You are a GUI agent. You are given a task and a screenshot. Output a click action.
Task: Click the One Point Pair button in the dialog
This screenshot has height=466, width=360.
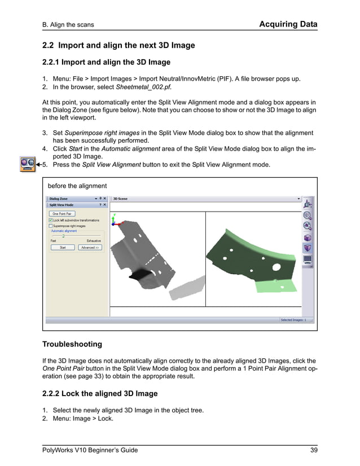(x=61, y=214)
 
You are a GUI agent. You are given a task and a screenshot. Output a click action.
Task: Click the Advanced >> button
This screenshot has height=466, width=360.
(x=90, y=247)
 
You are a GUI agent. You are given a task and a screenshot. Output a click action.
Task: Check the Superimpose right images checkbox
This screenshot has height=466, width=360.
(x=50, y=226)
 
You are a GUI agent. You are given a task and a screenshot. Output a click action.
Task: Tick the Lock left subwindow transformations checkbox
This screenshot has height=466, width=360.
(x=50, y=220)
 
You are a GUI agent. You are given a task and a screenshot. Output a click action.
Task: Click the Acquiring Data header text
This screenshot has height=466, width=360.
(x=288, y=24)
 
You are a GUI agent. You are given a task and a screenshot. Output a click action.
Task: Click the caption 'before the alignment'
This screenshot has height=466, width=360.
(x=77, y=186)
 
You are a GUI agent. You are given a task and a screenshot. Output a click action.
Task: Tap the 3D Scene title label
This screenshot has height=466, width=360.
(x=121, y=199)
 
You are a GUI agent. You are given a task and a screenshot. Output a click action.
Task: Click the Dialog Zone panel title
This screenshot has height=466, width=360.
(x=58, y=199)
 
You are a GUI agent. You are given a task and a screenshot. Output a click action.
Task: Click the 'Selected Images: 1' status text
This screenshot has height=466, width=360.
(x=293, y=320)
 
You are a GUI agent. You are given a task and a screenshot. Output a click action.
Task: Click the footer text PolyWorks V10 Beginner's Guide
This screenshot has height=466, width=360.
(x=90, y=450)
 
